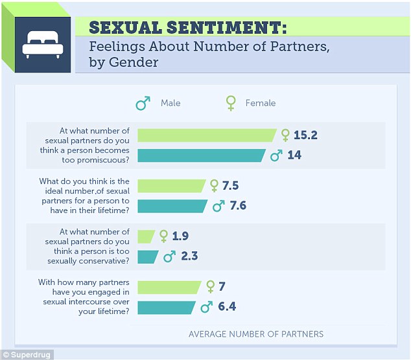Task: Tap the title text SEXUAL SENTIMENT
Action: (187, 28)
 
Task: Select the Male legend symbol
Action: (143, 103)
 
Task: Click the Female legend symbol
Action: (229, 103)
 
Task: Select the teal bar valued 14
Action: (201, 155)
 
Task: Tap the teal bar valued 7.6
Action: (172, 206)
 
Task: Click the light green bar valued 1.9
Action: (146, 236)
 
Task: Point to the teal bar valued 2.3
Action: (148, 256)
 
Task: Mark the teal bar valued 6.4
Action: (167, 307)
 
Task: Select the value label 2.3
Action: (189, 256)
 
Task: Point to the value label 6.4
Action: (226, 307)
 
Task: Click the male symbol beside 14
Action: (276, 155)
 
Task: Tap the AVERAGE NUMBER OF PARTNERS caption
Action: (255, 335)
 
